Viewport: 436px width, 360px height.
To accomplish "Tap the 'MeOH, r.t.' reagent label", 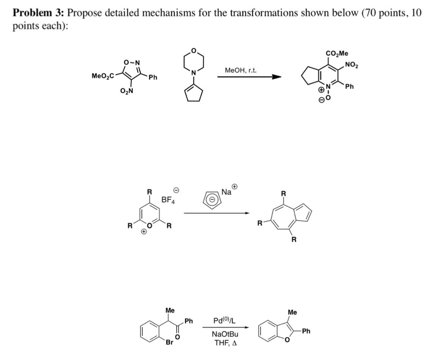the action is (x=241, y=71).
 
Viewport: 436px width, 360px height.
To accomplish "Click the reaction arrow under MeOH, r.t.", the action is (x=249, y=77).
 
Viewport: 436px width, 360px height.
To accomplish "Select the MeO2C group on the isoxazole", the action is (x=103, y=76).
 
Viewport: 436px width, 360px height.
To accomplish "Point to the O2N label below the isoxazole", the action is (x=127, y=91).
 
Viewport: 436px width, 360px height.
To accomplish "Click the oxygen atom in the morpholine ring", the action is (x=194, y=50).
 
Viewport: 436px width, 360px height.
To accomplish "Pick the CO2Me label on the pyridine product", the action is (x=337, y=54).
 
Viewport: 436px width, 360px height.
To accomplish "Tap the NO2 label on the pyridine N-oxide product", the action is (x=351, y=65).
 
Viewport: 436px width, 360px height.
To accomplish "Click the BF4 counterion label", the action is (x=168, y=200).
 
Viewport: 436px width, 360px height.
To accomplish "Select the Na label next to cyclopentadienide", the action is (x=226, y=192).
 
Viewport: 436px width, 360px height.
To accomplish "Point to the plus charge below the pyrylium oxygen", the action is (x=144, y=232).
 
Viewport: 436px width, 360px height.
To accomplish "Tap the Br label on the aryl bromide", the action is (x=169, y=342).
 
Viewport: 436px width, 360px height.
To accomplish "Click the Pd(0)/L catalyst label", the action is (x=224, y=321).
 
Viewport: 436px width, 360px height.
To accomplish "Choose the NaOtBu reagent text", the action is (x=225, y=334).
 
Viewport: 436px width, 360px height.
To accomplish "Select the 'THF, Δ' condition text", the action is (x=226, y=343).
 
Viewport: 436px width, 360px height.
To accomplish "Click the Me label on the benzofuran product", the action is (x=292, y=312).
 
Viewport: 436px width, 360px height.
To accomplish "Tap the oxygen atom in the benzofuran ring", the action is (x=287, y=340).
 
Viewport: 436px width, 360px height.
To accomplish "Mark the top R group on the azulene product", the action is (x=283, y=194).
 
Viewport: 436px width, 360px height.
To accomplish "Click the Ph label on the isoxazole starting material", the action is (x=153, y=77).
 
